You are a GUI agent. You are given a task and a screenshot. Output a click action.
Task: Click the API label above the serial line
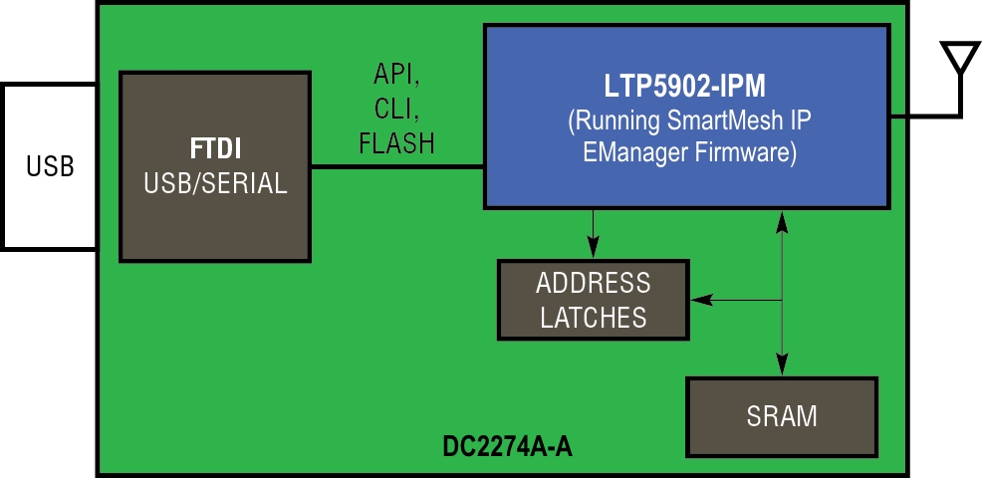coord(397,75)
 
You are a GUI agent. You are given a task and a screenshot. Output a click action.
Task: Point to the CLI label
coord(397,109)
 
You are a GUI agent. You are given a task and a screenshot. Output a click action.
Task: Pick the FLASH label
coord(397,143)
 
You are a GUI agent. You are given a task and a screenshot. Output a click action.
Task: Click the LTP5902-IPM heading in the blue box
coord(685,86)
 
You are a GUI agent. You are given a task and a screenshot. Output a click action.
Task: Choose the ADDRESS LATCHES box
coord(593,300)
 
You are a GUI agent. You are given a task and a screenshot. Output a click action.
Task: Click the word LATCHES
coord(593,318)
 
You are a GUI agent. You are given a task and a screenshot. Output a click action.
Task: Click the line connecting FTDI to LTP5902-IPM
coord(398,165)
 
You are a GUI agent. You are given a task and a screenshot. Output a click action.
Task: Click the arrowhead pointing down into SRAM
coord(782,364)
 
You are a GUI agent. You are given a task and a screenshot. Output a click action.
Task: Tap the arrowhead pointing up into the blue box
coord(782,220)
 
